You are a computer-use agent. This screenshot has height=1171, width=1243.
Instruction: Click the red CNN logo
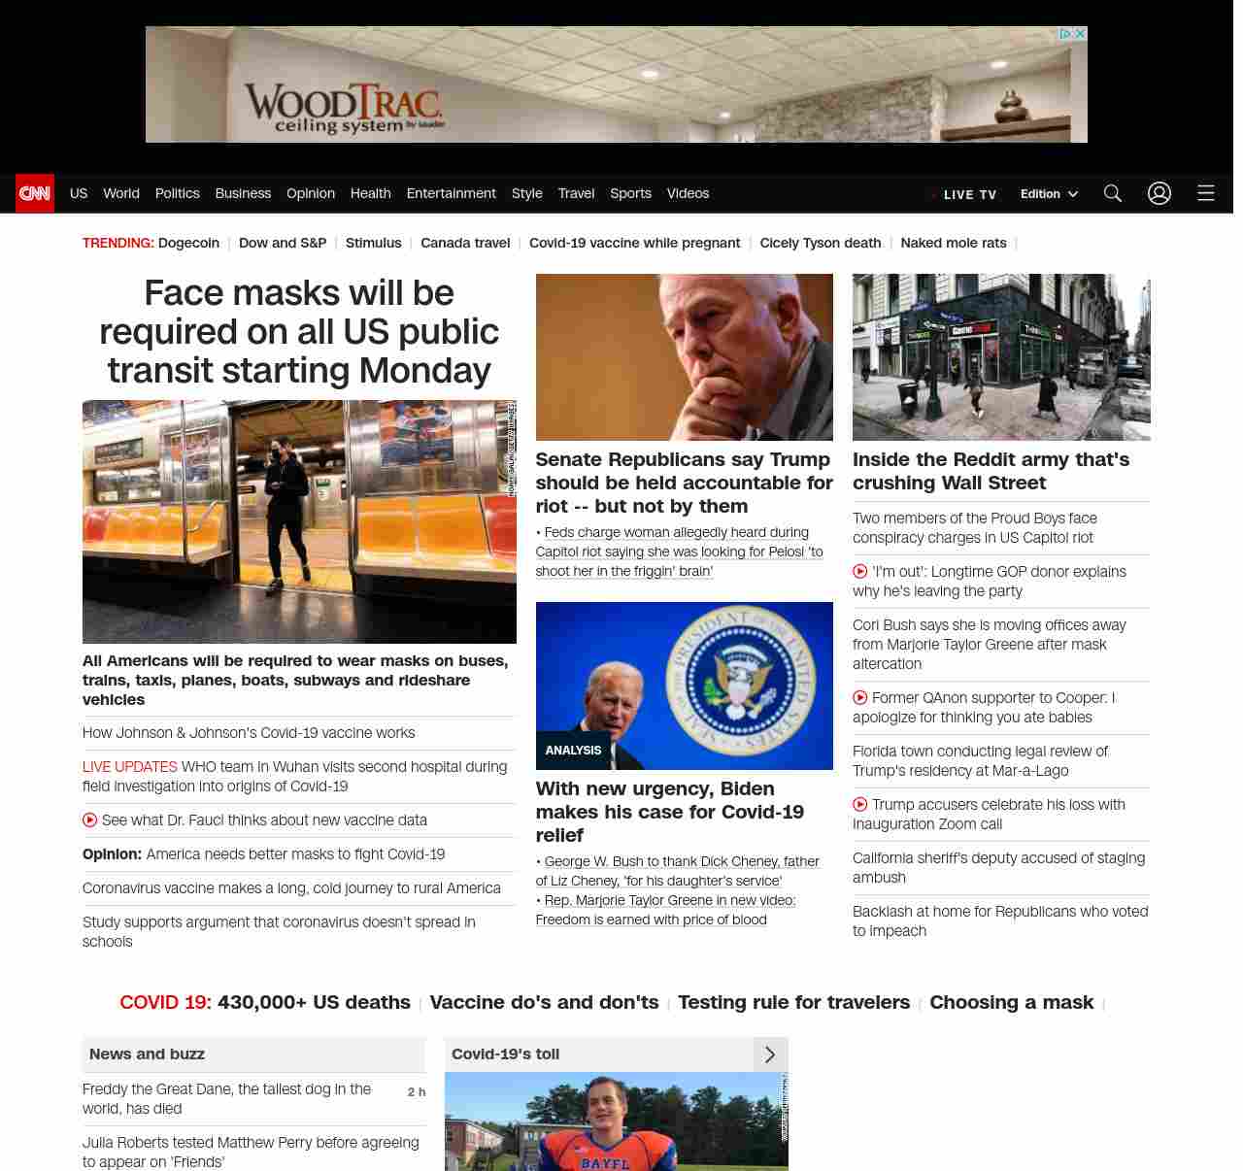pos(35,193)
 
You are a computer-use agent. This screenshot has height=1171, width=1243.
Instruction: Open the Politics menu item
pos(177,193)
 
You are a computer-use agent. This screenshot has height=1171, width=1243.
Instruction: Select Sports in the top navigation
pos(630,193)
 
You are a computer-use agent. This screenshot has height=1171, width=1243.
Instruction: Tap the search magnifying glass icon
pos(1113,193)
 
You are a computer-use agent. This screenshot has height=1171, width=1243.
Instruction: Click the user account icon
pos(1159,193)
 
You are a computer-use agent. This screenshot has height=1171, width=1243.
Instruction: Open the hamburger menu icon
pos(1206,193)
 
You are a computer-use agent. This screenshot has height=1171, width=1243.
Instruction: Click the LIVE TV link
pos(968,194)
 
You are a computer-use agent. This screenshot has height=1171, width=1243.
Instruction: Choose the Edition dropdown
pos(1049,194)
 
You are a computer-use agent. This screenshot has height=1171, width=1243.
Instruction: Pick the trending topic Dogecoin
pos(188,243)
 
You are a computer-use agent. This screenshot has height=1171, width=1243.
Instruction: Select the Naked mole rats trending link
pos(953,243)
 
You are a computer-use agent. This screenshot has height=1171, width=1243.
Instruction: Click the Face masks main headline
pos(299,331)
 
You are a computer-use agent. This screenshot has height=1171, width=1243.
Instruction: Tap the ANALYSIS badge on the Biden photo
pos(573,751)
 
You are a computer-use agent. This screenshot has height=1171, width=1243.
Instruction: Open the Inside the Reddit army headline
pos(991,471)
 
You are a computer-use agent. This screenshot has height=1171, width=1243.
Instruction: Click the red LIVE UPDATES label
pos(129,767)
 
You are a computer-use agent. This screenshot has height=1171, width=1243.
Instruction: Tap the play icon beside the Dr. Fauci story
pos(90,820)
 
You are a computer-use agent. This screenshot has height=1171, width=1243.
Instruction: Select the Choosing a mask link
pos(1011,1002)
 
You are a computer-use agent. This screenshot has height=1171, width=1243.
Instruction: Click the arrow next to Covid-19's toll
pos(770,1054)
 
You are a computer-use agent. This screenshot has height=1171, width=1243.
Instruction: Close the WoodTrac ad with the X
pos(1080,34)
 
